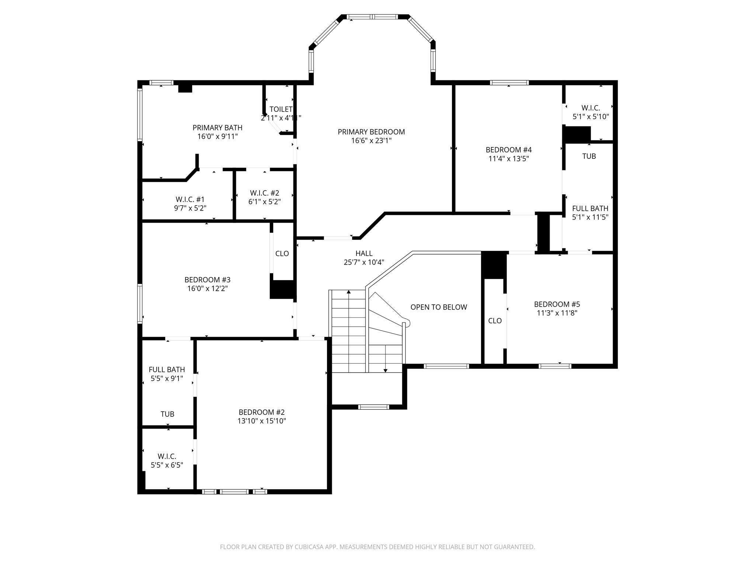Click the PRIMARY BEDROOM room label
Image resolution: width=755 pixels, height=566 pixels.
point(371,132)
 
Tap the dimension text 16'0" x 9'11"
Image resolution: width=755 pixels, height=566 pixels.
point(218,136)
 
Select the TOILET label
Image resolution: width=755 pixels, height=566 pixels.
point(281,109)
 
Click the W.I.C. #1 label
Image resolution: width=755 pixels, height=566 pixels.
point(190,199)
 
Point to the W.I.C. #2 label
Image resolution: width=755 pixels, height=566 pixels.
point(264,193)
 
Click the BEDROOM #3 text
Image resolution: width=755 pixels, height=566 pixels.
point(207,280)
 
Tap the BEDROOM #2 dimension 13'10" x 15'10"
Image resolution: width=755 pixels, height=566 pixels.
point(262,421)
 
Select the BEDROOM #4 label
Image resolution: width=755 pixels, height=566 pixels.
point(508,150)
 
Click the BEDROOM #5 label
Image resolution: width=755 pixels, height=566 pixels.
point(557,304)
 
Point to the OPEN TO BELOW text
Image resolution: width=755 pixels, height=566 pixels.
point(439,307)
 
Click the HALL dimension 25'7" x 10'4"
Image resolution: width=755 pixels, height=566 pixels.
point(364,262)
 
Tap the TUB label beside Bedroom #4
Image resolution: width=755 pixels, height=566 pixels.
point(589,156)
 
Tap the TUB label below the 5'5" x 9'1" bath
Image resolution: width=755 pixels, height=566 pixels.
point(167,414)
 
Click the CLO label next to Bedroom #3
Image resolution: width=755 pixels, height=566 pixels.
point(282,254)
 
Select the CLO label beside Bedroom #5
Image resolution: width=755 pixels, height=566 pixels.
point(495,321)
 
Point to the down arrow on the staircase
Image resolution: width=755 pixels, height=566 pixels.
point(385,370)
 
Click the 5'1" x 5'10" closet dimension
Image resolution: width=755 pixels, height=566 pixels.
point(591,117)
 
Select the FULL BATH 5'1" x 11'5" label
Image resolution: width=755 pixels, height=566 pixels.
point(590,209)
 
